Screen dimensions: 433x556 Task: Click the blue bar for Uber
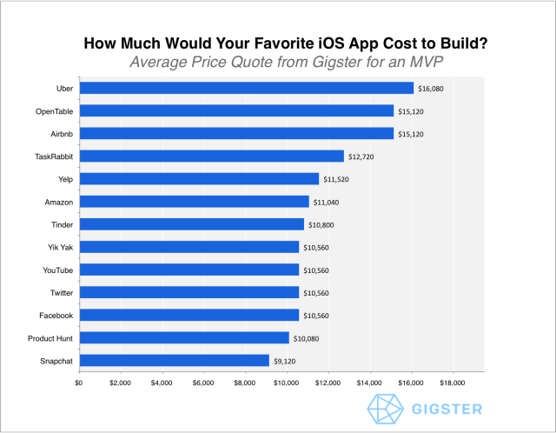tap(246, 88)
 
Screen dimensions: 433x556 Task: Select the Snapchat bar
tap(174, 360)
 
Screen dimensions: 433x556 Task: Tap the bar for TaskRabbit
tap(211, 156)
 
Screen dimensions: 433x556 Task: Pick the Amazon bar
tap(194, 202)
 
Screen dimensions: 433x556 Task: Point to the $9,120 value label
tap(286, 361)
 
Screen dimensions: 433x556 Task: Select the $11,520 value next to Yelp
tap(336, 179)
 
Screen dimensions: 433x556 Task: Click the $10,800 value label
tap(321, 224)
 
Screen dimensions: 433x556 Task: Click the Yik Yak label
tap(60, 247)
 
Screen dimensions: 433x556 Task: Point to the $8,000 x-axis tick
tap(245, 383)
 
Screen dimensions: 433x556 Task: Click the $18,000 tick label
tap(453, 383)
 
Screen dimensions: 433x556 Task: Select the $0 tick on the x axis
tap(79, 383)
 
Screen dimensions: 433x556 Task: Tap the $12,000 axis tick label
tap(328, 383)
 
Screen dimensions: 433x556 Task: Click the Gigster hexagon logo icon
tap(383, 409)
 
